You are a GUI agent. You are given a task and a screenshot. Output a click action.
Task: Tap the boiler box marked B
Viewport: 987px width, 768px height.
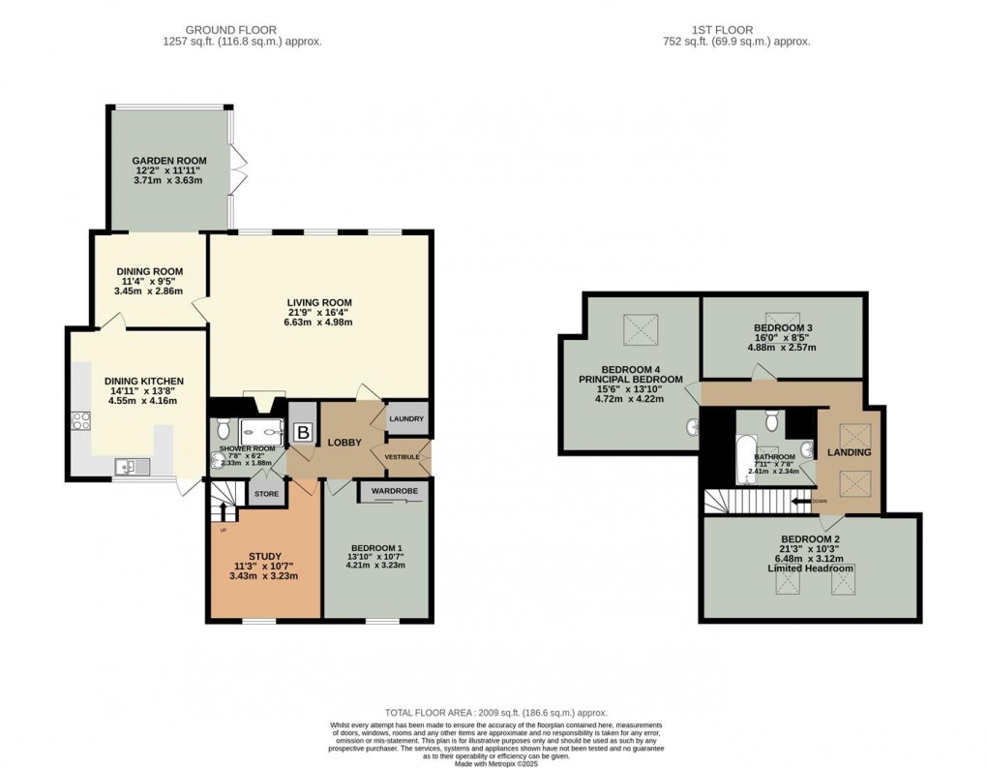click(x=303, y=433)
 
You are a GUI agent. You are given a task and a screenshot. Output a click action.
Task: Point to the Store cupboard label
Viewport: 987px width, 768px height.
click(x=266, y=494)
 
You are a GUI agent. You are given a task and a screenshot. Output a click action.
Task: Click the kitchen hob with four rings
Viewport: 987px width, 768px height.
click(x=80, y=421)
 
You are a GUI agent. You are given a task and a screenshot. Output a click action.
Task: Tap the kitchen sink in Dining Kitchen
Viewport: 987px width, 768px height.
click(x=128, y=469)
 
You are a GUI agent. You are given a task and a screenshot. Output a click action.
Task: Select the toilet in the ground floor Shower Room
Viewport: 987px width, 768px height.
click(x=224, y=427)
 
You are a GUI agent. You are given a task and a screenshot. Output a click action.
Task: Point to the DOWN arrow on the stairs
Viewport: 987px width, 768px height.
click(x=803, y=501)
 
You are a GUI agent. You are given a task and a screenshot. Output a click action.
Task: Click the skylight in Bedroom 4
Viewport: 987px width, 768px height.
click(x=639, y=330)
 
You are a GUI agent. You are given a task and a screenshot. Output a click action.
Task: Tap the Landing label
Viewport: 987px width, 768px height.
click(x=849, y=452)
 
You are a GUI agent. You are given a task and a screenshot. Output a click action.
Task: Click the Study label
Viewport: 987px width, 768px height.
click(x=264, y=556)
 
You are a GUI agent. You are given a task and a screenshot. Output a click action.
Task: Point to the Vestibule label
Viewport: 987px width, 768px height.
click(x=402, y=456)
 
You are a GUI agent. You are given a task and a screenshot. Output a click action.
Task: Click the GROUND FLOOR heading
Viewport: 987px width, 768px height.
click(x=242, y=30)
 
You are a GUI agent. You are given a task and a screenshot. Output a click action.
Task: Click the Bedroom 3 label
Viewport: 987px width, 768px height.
click(x=783, y=328)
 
